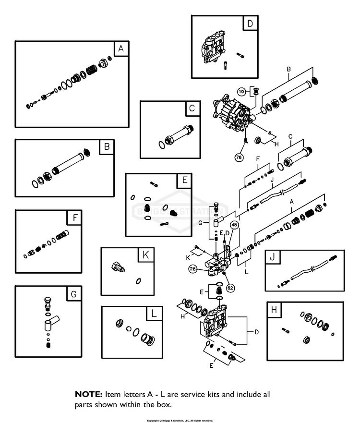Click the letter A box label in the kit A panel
(120, 48)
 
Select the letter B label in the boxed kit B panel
(107, 146)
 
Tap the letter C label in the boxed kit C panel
(192, 109)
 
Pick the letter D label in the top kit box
(250, 23)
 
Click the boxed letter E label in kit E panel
(184, 181)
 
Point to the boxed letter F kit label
(75, 218)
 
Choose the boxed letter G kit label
(74, 293)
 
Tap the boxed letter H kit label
(274, 310)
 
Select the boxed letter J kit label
(272, 257)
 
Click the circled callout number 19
(241, 91)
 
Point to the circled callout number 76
(238, 157)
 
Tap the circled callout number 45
(234, 224)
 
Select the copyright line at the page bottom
(180, 420)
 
